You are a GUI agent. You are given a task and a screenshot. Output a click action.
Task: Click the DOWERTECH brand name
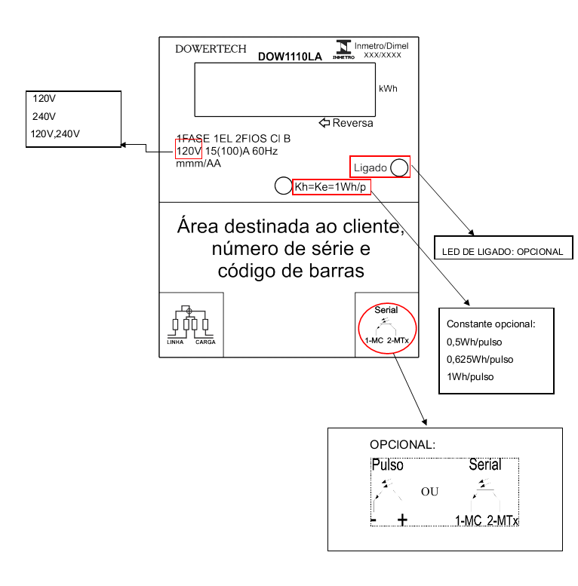click(211, 49)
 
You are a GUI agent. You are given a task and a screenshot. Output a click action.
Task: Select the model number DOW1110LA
click(290, 57)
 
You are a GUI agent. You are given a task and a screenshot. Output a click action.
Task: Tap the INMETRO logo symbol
click(343, 49)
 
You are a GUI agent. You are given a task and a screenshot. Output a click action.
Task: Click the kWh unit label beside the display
click(388, 88)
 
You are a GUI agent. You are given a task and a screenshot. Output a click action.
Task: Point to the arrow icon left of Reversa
click(324, 123)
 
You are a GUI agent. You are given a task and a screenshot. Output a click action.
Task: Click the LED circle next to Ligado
click(399, 167)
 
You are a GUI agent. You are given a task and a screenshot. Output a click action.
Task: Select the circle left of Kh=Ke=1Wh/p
click(284, 186)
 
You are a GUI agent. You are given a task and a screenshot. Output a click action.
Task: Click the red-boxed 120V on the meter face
click(189, 151)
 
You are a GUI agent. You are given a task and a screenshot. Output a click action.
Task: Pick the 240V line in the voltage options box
click(44, 117)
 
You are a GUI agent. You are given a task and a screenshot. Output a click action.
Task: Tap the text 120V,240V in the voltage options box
click(55, 133)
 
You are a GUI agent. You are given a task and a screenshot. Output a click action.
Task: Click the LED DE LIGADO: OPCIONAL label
click(503, 251)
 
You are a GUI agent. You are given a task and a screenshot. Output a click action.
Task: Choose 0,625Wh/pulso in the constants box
click(480, 360)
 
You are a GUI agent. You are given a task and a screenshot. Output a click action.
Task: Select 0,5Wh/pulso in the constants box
click(474, 342)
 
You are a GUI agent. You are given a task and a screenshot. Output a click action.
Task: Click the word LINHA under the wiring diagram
click(175, 342)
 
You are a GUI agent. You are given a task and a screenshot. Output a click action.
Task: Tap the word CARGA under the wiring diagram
click(205, 342)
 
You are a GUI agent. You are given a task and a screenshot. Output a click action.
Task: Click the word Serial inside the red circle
click(386, 310)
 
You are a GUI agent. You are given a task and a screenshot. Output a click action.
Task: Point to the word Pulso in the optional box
click(387, 465)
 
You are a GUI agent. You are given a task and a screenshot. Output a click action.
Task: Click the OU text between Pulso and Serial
click(429, 492)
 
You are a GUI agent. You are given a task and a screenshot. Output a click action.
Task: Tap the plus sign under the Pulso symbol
click(402, 520)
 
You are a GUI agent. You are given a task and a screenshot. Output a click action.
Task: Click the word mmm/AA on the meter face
click(198, 164)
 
